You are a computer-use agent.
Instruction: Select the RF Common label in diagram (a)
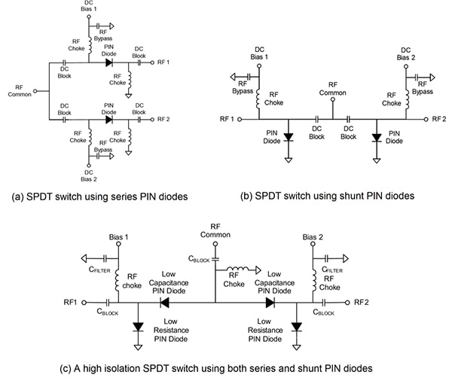[x=19, y=90]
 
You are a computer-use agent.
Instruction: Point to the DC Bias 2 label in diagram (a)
[x=90, y=175]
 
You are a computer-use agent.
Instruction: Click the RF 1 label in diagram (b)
[x=227, y=119]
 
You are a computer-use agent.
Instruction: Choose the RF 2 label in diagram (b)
[x=440, y=119]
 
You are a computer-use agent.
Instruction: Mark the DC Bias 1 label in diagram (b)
[x=258, y=53]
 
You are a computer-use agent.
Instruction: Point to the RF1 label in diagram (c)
[x=71, y=302]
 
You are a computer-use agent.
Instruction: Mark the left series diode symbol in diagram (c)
[x=163, y=301]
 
